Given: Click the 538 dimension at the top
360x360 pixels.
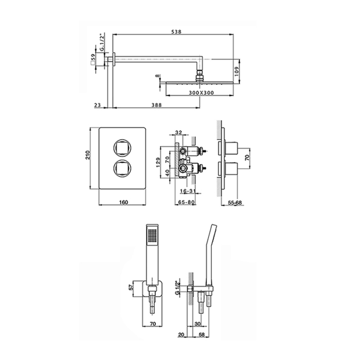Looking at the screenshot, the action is [176, 31].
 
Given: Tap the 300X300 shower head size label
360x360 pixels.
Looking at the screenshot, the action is [202, 93].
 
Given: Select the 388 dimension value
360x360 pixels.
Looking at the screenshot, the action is [156, 105].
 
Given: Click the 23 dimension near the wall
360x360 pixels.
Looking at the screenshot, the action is [98, 105].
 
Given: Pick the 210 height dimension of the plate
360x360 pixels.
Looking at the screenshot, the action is [87, 155].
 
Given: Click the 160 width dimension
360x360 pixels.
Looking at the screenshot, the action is [123, 202].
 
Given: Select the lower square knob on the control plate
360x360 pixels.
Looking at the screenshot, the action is [122, 169].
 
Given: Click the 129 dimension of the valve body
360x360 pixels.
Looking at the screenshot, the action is [158, 163].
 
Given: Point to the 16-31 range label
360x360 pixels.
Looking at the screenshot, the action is [188, 191].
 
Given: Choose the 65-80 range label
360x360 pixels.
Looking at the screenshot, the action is [186, 202].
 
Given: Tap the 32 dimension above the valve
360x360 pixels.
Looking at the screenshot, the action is [178, 132].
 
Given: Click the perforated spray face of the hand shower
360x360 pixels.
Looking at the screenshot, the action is [152, 236].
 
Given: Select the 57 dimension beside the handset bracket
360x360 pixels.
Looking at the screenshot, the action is [131, 287].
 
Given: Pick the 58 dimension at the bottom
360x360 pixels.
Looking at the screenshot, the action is [202, 335].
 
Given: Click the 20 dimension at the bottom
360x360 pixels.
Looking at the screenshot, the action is [181, 335].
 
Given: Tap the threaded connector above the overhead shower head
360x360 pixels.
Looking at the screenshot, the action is [200, 76].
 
